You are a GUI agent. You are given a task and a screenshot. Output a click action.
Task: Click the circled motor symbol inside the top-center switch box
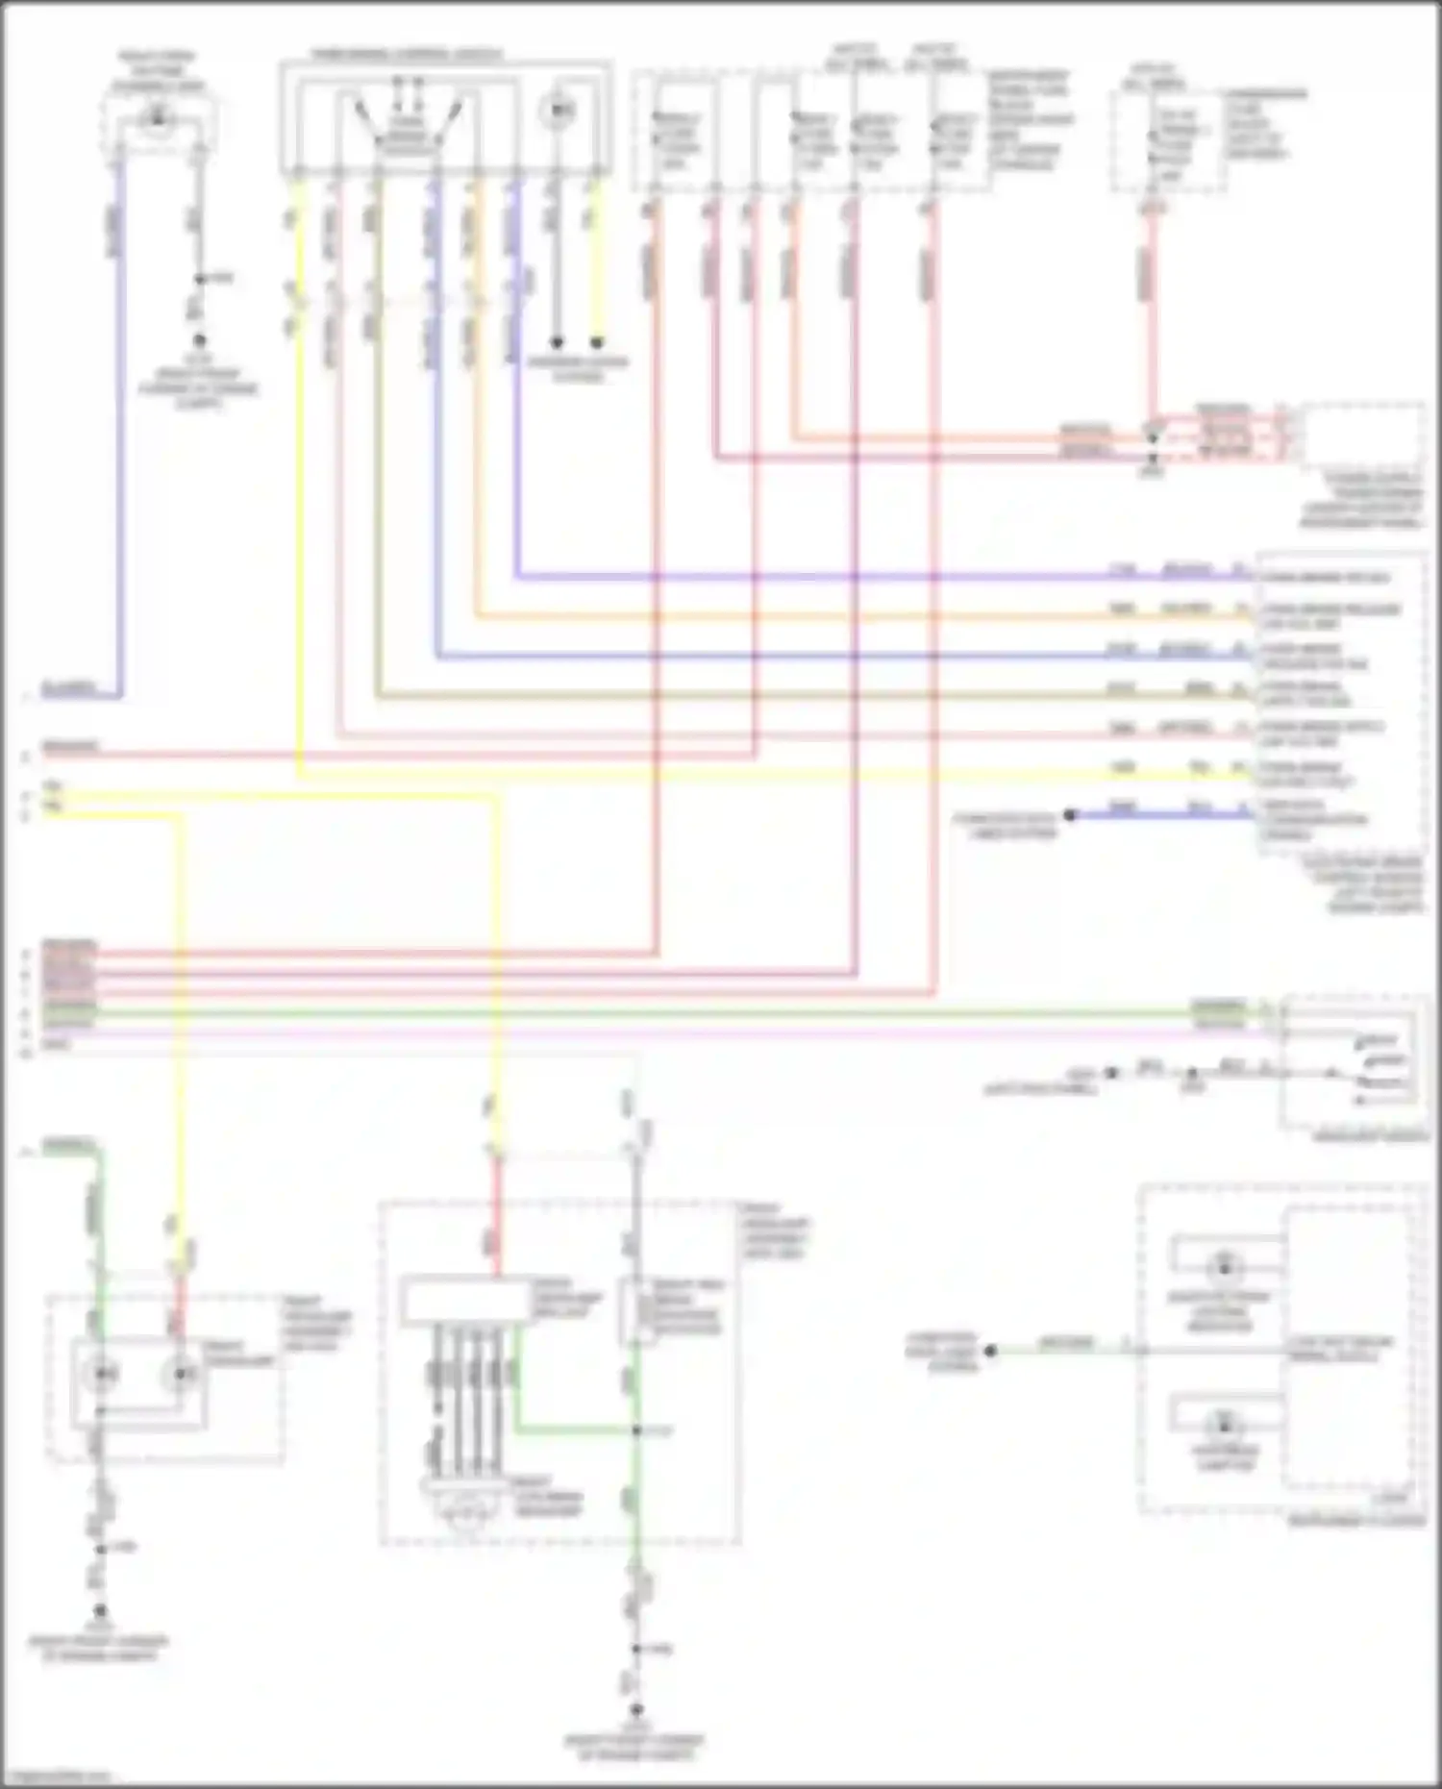coord(556,112)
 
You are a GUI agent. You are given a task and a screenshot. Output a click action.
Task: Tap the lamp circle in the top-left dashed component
coord(158,119)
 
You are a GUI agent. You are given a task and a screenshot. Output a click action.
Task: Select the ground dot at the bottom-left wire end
coord(99,1610)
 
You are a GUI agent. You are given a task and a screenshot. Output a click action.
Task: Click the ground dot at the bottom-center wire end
coord(635,1711)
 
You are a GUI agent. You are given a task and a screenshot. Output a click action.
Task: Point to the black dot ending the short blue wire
coord(1069,815)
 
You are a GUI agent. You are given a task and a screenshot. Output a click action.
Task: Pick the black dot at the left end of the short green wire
coord(990,1351)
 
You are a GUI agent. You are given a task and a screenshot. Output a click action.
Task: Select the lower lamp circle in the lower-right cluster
coord(1224,1423)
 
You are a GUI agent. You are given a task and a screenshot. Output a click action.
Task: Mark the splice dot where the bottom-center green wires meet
coord(635,1430)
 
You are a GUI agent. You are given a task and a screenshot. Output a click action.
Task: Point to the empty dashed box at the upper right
coord(1361,436)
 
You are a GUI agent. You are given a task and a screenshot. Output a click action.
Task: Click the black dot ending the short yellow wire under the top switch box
coord(597,341)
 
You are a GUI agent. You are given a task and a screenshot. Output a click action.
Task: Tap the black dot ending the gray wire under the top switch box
coord(556,341)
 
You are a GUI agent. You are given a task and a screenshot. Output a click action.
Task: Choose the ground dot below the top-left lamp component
coord(200,341)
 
